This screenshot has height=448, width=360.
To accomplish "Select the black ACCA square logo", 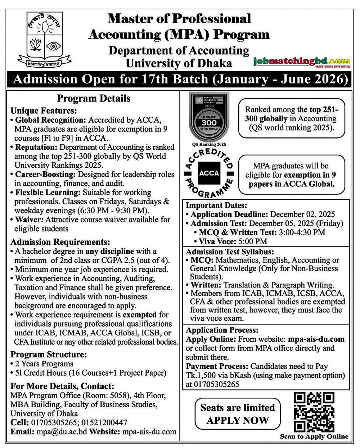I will coord(209,173).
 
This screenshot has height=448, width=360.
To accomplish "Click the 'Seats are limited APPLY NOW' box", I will coord(238,414).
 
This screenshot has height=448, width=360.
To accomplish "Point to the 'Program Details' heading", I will coord(94,98).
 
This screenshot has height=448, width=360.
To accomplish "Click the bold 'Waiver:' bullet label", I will coord(30,220).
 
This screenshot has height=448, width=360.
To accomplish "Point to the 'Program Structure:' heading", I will coord(49,354).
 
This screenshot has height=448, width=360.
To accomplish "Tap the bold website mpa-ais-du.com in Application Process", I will coord(316,339).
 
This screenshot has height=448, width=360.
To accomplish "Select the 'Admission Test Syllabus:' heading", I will coord(230,252).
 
